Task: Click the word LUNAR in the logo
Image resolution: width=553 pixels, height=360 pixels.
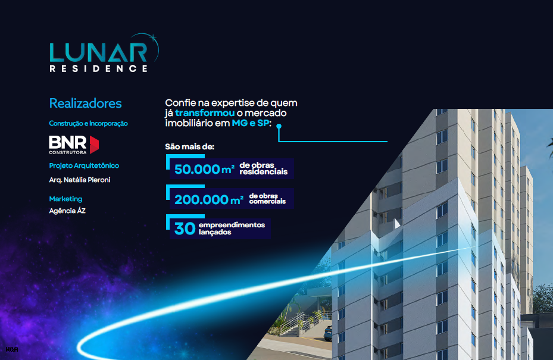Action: [x=98, y=52]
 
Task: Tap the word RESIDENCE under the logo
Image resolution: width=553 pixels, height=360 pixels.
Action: [x=98, y=68]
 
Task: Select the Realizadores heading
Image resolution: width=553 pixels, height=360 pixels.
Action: [x=85, y=104]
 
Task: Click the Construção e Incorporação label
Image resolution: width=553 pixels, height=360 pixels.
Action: [x=88, y=123]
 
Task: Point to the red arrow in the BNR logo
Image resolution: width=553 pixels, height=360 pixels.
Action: [x=94, y=145]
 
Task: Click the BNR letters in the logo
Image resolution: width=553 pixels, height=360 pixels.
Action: [x=68, y=142]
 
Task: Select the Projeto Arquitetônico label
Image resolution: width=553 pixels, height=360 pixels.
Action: [x=84, y=166]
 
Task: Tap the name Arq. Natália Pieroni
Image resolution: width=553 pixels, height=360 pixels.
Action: [x=80, y=180]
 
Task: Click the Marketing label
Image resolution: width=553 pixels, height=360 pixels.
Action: [x=65, y=199]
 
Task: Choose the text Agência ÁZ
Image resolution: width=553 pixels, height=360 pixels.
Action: [x=67, y=211]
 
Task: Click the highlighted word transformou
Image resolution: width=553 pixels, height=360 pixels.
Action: [x=205, y=113]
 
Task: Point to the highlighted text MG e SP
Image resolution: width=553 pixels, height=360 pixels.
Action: [x=251, y=123]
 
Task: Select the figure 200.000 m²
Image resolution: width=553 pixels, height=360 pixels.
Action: [x=209, y=199]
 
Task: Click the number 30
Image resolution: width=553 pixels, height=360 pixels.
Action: [x=185, y=228]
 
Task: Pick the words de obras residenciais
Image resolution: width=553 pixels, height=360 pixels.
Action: [x=264, y=168]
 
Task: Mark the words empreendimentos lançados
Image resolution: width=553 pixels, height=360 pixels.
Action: [x=232, y=228]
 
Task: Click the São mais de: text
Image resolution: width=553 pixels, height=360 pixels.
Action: [x=190, y=147]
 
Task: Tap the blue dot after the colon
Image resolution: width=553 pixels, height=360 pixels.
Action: [x=279, y=126]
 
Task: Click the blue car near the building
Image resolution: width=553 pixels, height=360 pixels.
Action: [x=328, y=333]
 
